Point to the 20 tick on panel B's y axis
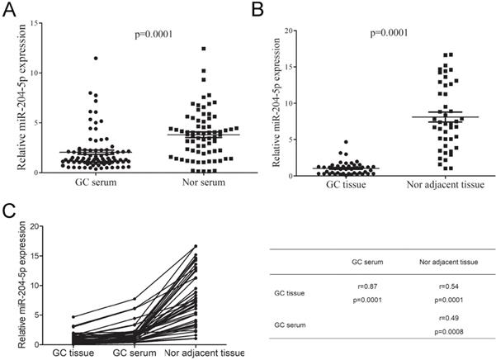tap(289, 31)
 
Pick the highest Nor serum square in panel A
tap(203, 50)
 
